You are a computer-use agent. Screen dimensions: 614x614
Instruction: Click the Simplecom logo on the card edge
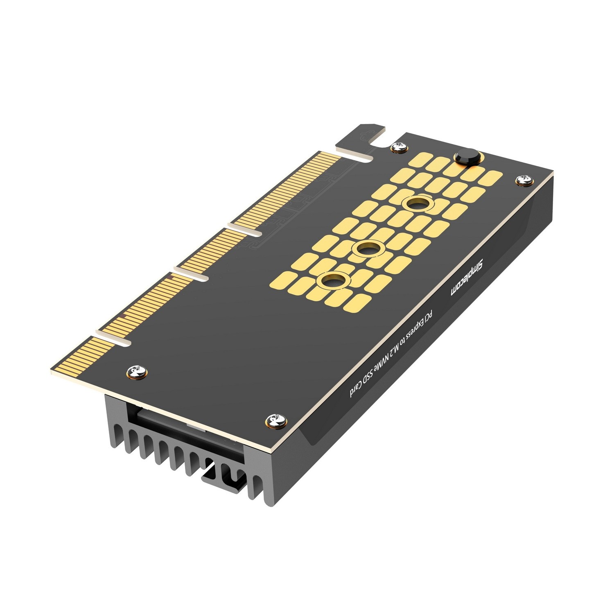coord(467,278)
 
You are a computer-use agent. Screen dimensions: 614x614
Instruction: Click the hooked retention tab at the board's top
coord(360,135)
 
